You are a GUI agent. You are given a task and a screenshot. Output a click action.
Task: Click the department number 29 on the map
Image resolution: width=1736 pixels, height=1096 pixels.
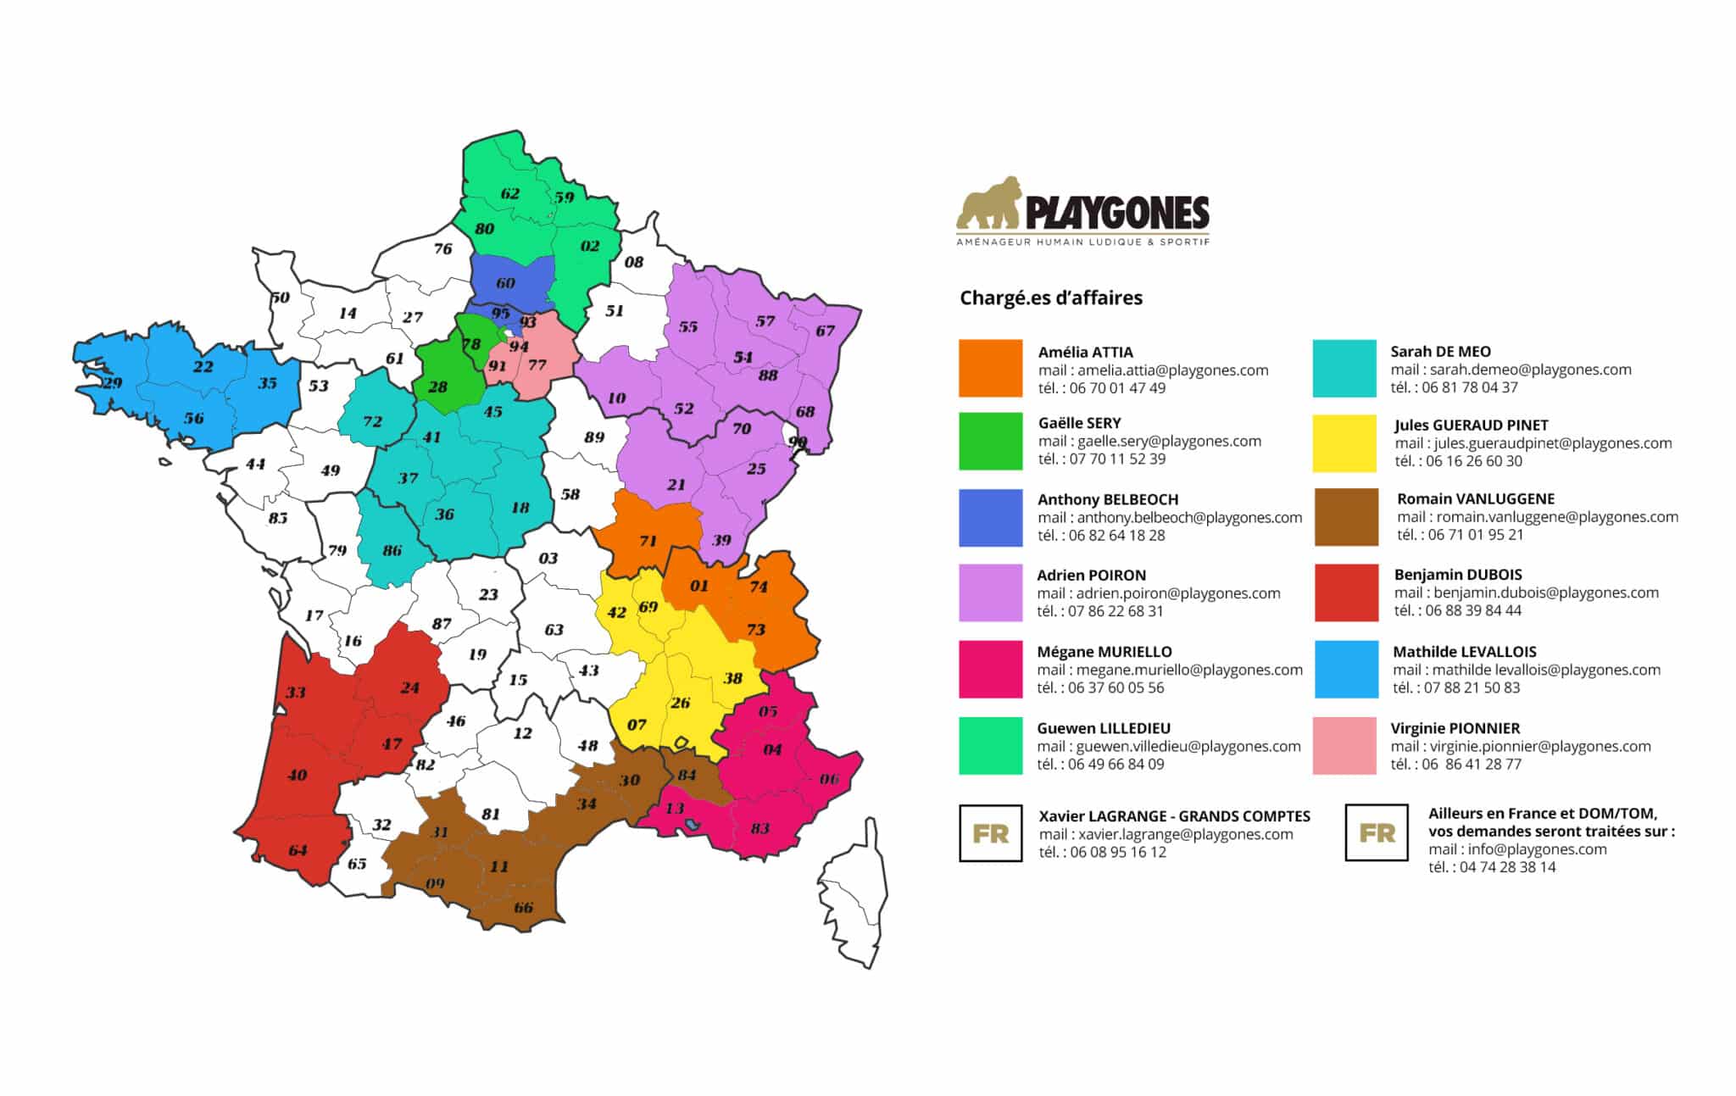[x=112, y=383]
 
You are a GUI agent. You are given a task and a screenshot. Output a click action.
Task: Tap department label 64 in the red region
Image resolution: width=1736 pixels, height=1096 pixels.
[x=298, y=850]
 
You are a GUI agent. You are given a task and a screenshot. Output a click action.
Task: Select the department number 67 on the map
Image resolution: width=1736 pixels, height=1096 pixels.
[x=826, y=331]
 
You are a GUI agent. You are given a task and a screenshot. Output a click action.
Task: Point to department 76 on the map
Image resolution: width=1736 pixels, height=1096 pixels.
[x=442, y=248]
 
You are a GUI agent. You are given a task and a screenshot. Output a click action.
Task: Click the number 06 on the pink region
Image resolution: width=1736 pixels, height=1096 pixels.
[x=829, y=779]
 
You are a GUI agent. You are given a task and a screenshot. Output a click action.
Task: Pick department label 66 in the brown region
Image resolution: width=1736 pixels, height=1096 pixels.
[x=523, y=908]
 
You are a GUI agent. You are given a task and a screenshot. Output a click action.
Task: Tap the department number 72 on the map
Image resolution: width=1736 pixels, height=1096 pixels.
[x=373, y=421]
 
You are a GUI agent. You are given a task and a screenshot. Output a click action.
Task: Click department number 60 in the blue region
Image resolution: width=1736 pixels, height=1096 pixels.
[x=505, y=283]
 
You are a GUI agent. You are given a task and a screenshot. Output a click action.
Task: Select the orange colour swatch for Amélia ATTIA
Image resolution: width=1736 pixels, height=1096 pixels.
[x=990, y=368]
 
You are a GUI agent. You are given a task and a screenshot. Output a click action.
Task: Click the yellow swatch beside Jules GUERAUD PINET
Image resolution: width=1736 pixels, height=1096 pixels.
[x=1344, y=442]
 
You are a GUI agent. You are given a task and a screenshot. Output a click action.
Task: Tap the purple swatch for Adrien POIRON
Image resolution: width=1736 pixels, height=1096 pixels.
[x=990, y=593]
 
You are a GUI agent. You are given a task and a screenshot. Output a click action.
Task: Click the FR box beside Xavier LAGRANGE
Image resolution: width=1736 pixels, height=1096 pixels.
[x=990, y=833]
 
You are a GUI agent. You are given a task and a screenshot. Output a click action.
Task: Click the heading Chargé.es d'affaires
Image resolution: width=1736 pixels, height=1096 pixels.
[x=1051, y=298]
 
